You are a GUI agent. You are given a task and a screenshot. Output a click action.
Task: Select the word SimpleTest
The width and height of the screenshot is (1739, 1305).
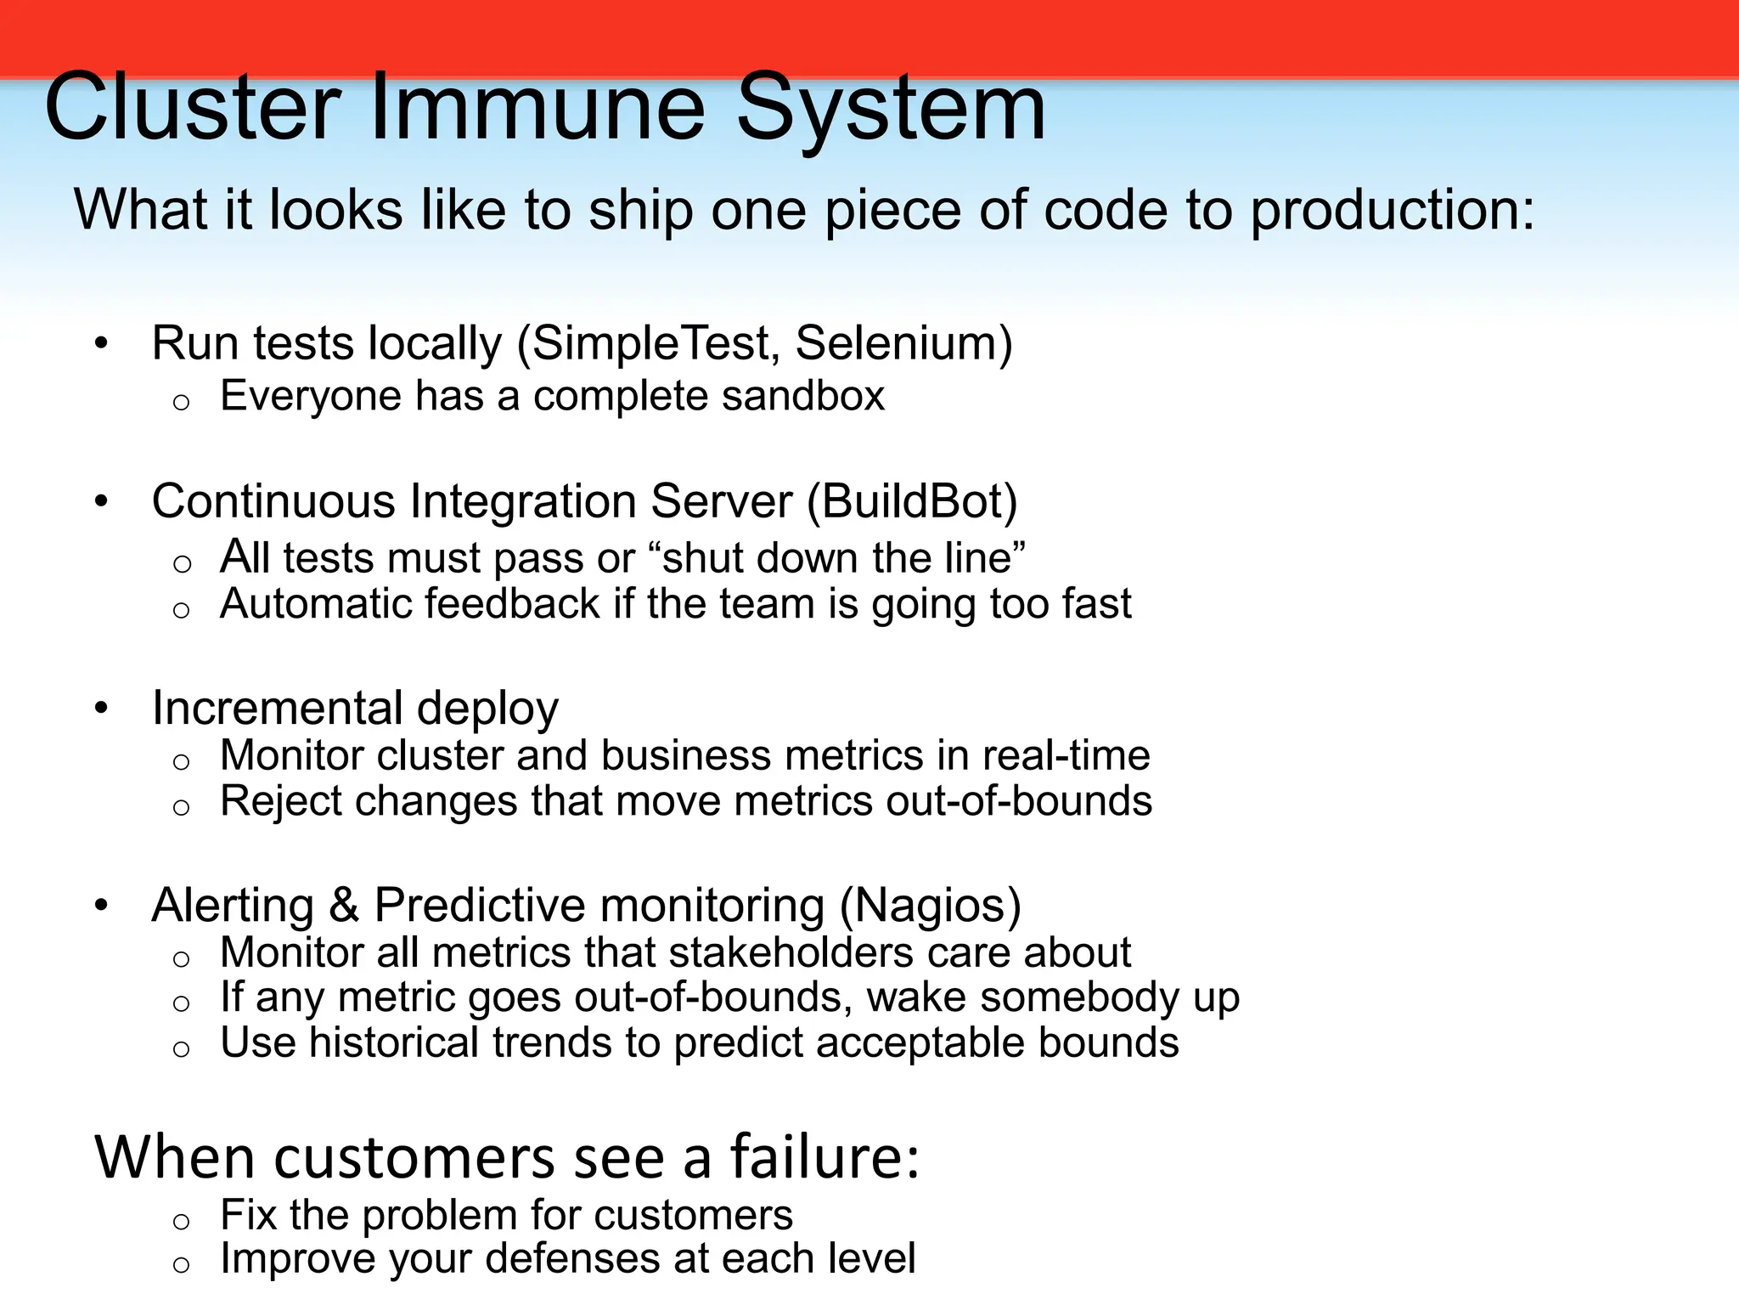[x=654, y=343]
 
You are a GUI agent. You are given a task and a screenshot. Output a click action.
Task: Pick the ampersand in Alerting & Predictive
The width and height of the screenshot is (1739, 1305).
[x=343, y=905]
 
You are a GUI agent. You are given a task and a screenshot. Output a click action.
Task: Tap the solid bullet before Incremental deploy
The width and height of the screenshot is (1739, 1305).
[x=102, y=708]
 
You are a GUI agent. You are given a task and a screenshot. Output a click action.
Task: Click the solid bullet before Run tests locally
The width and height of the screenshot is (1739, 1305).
[x=102, y=344]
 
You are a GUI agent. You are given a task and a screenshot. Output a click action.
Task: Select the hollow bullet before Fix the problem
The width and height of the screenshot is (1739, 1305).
[x=181, y=1222]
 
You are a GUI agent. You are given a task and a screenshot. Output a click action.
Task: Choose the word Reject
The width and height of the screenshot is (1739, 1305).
[x=280, y=801]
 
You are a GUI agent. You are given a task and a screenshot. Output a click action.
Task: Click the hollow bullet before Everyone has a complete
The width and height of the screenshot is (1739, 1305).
[x=181, y=403]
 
